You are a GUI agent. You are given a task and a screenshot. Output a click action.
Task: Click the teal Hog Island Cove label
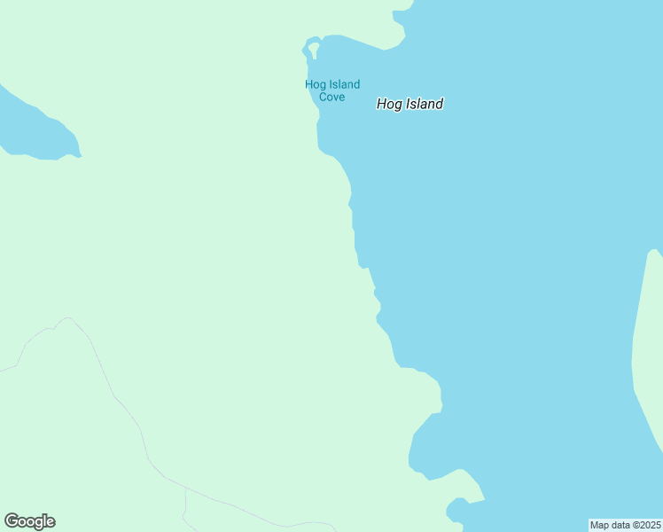pyautogui.click(x=332, y=90)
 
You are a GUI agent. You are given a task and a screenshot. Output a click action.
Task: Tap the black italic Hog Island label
pyautogui.click(x=409, y=104)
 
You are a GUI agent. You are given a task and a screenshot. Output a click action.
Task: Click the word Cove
pyautogui.click(x=332, y=97)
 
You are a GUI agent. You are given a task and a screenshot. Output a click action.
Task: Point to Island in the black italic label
pyautogui.click(x=424, y=104)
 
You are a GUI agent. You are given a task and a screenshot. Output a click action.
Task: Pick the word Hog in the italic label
pyautogui.click(x=388, y=104)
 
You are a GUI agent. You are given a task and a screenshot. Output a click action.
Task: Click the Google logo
pyautogui.click(x=30, y=521)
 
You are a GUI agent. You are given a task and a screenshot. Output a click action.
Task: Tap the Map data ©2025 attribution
pyautogui.click(x=626, y=525)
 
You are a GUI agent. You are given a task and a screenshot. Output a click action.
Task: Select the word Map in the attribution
pyautogui.click(x=600, y=525)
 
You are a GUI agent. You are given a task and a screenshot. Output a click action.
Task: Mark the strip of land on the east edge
pyautogui.click(x=649, y=355)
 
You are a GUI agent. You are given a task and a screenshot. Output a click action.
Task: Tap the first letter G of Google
pyautogui.click(x=12, y=521)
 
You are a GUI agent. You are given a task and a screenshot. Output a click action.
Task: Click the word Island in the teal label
pyautogui.click(x=344, y=85)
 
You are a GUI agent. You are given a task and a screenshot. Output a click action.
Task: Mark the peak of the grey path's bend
pyautogui.click(x=66, y=318)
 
